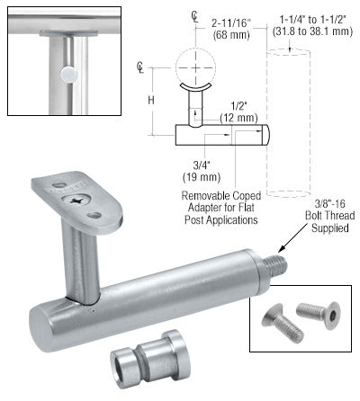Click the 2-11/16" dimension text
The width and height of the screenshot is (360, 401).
pyautogui.click(x=231, y=22)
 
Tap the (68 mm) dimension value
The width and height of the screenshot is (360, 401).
pyautogui.click(x=231, y=35)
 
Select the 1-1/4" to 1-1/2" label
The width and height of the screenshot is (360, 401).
pyautogui.click(x=313, y=20)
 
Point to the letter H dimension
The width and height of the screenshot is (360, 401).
pyautogui.click(x=151, y=100)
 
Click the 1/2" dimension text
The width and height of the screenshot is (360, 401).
pyautogui.click(x=238, y=106)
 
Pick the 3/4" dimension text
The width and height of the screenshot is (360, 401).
pyautogui.click(x=202, y=165)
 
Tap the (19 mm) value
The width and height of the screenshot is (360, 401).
pyautogui.click(x=202, y=177)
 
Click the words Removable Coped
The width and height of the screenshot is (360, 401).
pyautogui.click(x=221, y=196)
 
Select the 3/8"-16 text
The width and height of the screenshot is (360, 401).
pyautogui.click(x=329, y=204)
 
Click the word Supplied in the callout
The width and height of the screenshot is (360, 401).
pyautogui.click(x=330, y=227)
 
